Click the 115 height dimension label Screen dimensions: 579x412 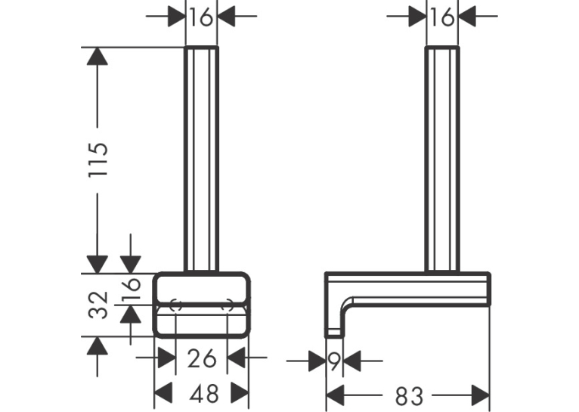coord(98,159)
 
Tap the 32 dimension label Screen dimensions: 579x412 coord(98,305)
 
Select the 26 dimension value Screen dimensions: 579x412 coord(201,358)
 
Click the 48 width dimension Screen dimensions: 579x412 coord(204,394)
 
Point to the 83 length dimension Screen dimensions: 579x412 coord(409,396)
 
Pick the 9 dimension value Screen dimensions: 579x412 coord(334,361)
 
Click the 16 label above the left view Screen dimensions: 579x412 coord(201,17)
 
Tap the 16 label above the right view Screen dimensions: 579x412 coord(442,17)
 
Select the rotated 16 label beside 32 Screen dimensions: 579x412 coord(132,289)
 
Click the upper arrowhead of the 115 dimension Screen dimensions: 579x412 coord(97,57)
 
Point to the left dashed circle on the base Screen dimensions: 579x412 coord(176,305)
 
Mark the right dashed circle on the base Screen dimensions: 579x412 coord(227,305)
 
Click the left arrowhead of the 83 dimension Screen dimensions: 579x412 coord(336,395)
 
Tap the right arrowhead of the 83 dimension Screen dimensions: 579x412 coord(481,395)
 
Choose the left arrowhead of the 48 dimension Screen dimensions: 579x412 coord(163,393)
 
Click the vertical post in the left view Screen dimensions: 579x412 coord(201,160)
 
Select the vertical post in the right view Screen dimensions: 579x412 coord(442,160)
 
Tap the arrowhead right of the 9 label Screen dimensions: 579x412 coord(352,361)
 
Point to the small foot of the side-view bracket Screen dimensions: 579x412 coord(334,333)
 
